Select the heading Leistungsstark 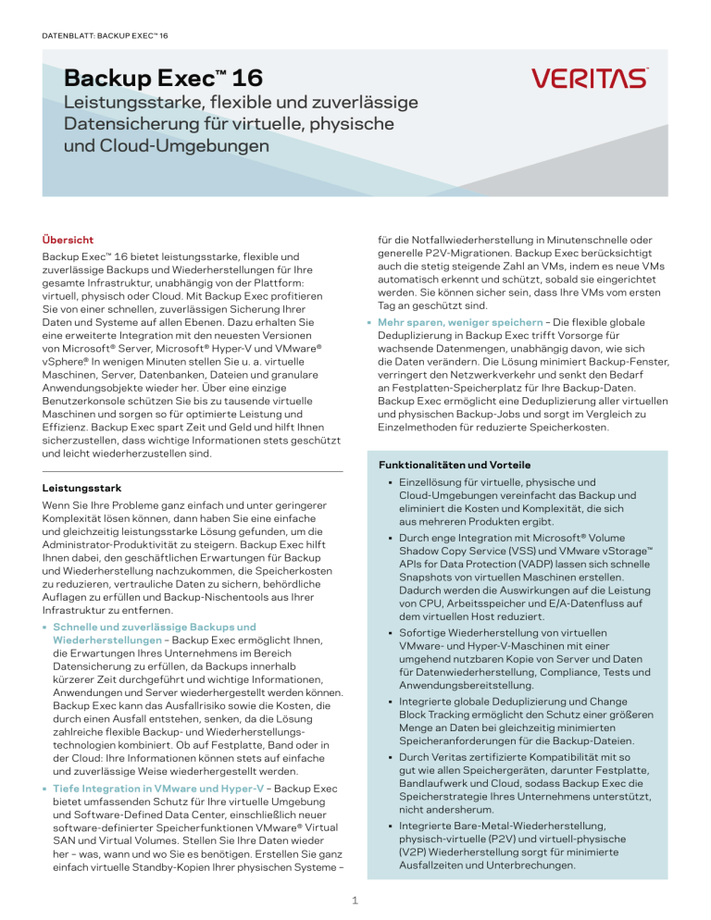tap(84, 487)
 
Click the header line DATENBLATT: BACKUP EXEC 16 tap(103, 36)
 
